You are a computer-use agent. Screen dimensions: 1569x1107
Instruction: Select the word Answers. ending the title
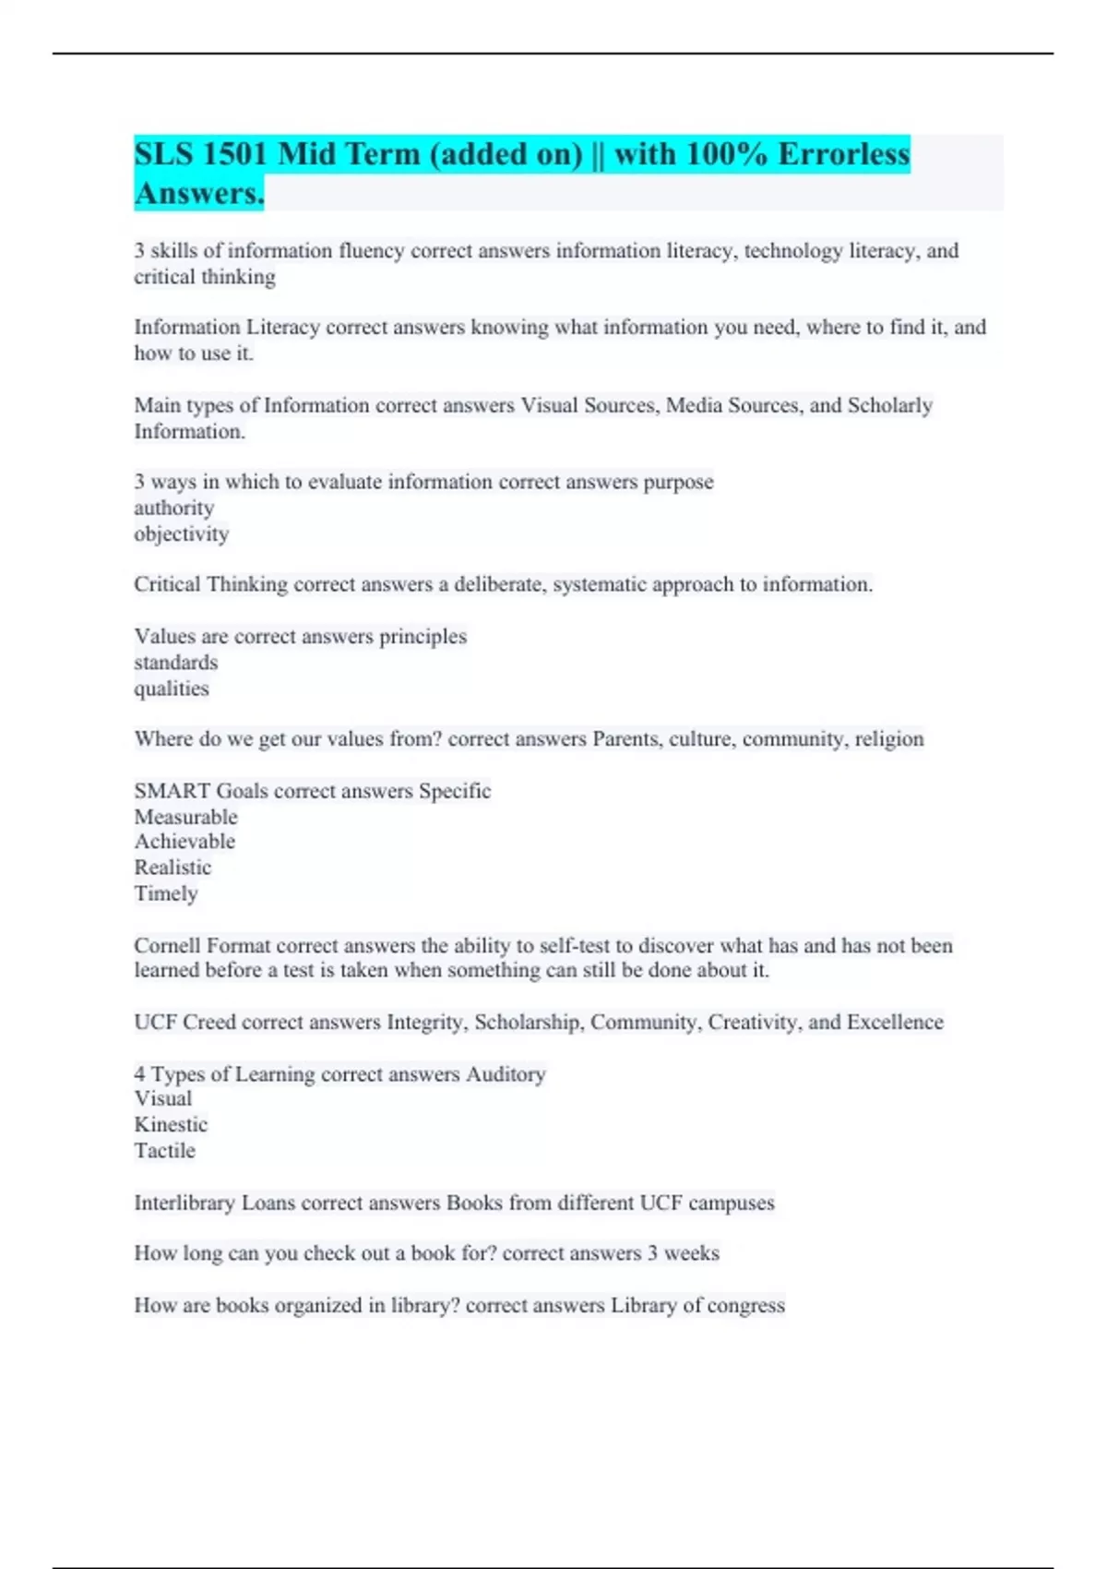[x=199, y=194]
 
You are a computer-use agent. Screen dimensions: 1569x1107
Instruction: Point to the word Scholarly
[x=889, y=405]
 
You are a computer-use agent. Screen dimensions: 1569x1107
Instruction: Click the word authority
[x=173, y=508]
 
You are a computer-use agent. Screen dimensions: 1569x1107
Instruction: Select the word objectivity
[x=181, y=533]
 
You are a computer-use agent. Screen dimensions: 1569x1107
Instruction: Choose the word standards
[x=175, y=663]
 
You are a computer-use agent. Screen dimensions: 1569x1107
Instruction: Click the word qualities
[x=171, y=689]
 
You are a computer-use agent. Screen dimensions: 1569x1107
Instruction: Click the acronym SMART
[x=172, y=791]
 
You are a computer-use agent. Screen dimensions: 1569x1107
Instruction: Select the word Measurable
[x=185, y=817]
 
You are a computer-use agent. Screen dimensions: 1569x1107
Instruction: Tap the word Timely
[x=166, y=893]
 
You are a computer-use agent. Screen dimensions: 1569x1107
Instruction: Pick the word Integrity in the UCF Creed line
[x=426, y=1023]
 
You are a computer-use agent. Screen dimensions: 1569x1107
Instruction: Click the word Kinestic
[x=171, y=1125]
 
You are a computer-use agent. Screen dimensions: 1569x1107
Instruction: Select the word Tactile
[x=164, y=1151]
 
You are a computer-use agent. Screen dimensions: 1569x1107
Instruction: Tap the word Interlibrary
[x=184, y=1204]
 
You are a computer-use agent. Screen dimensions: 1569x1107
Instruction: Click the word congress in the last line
[x=746, y=1306]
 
